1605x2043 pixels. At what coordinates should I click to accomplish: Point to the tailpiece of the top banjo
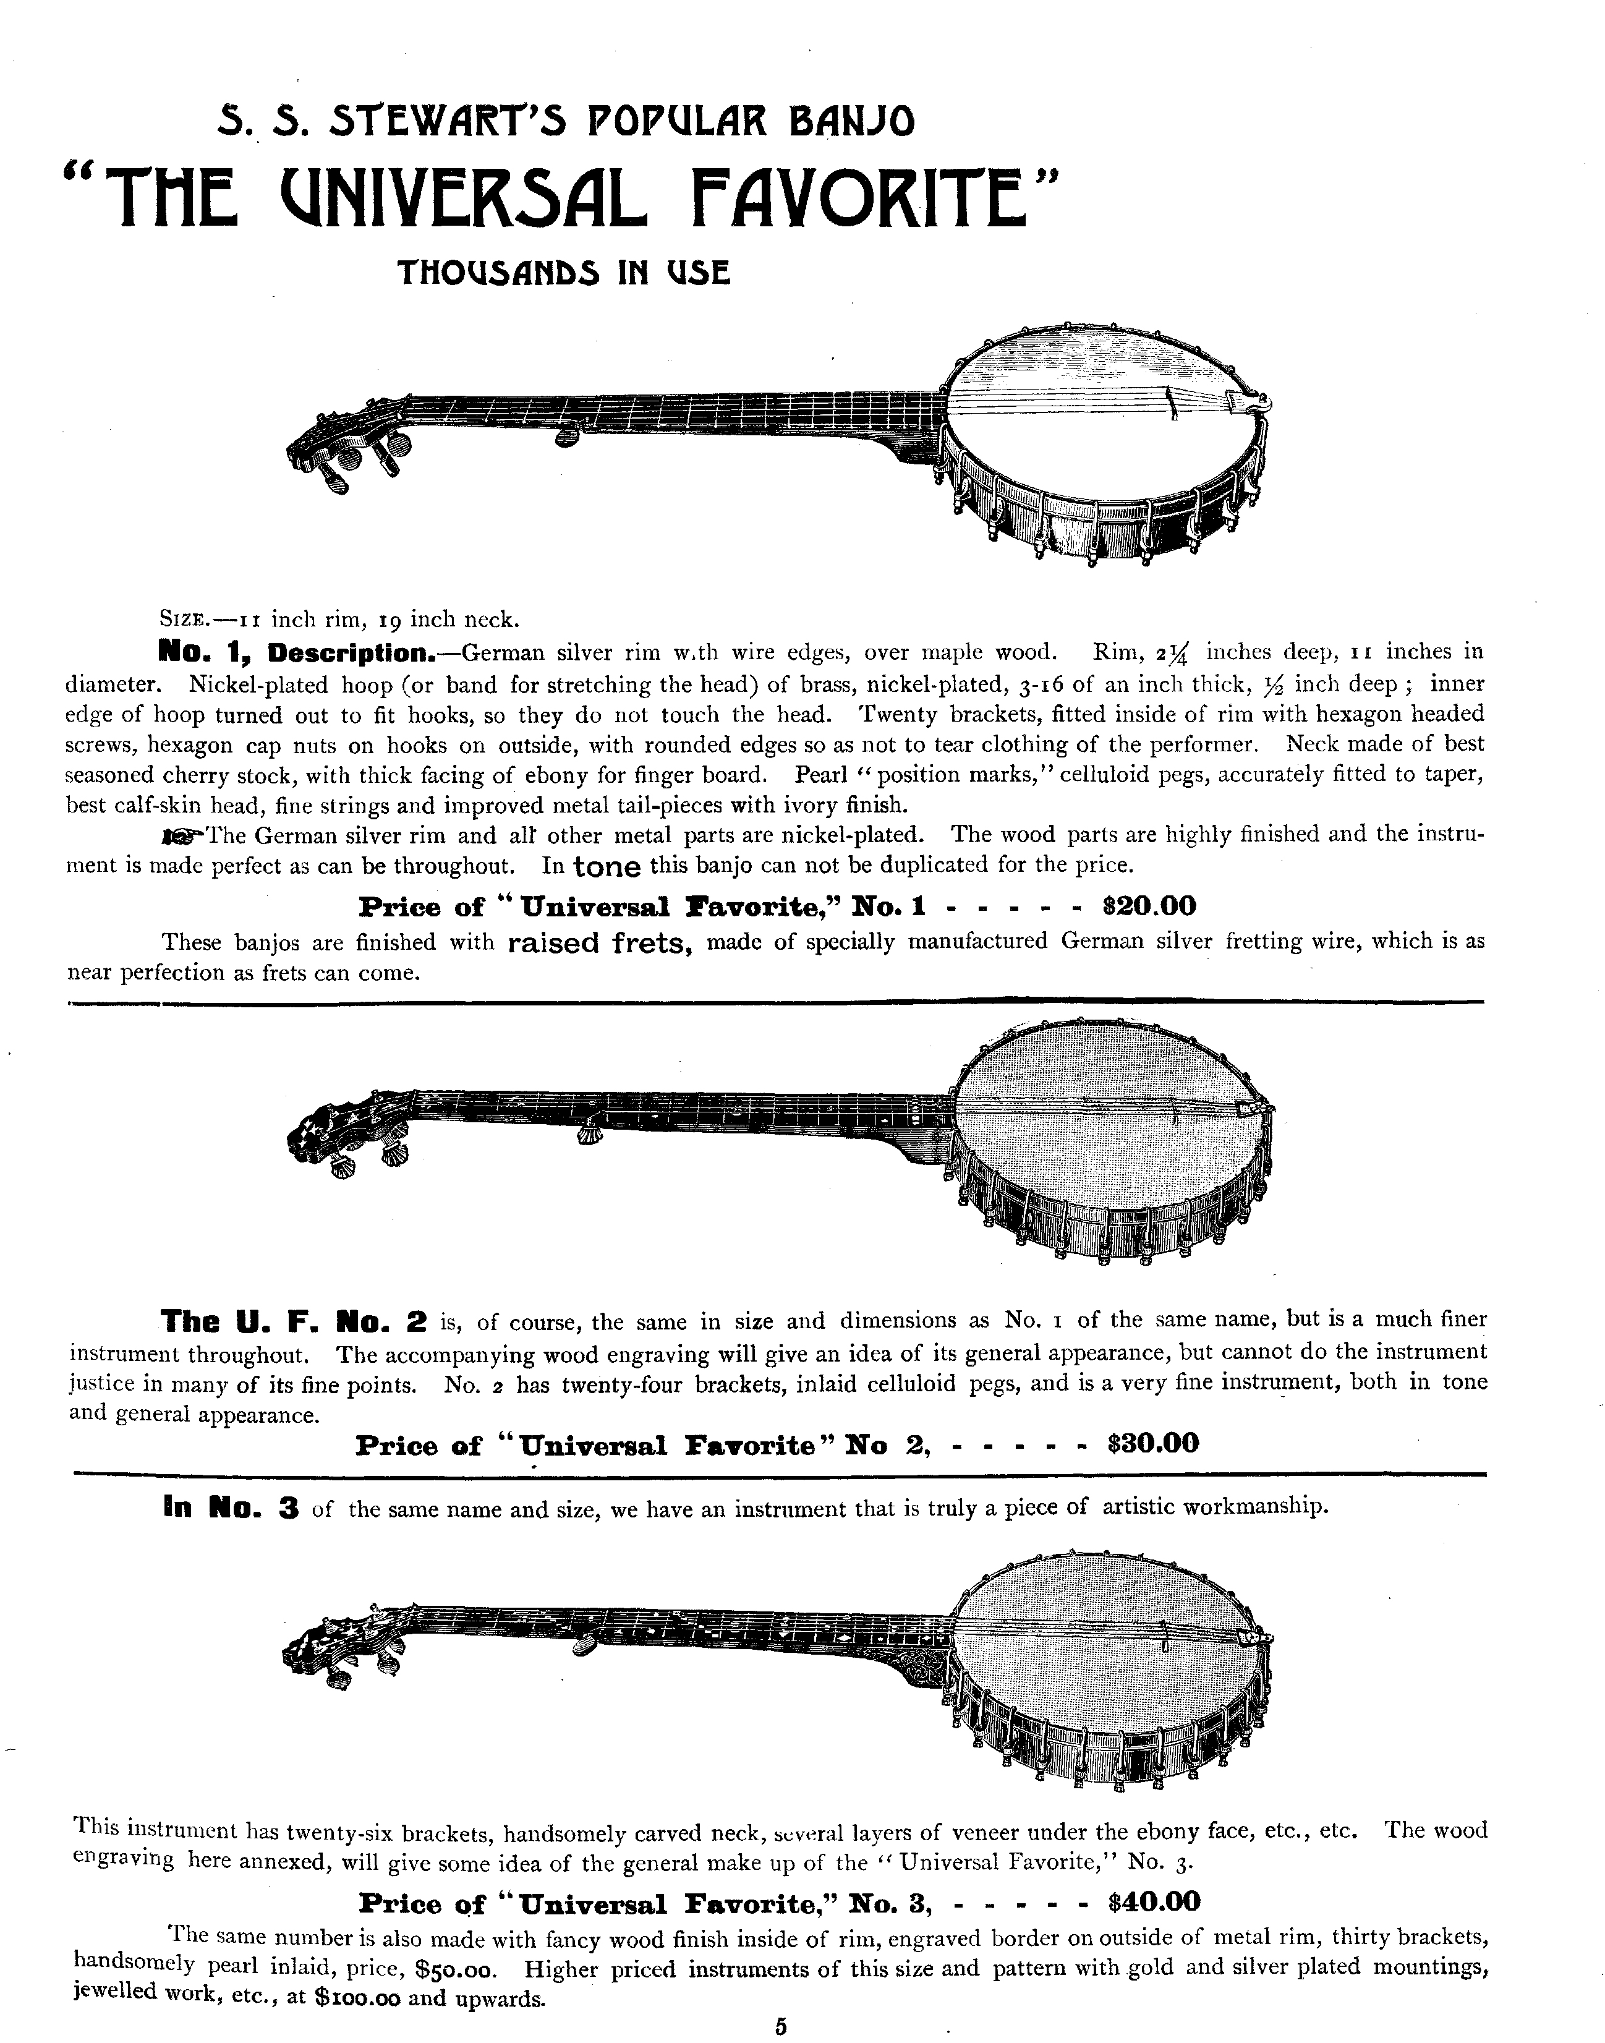1253,401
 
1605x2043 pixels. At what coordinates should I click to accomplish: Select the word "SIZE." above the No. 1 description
186,620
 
